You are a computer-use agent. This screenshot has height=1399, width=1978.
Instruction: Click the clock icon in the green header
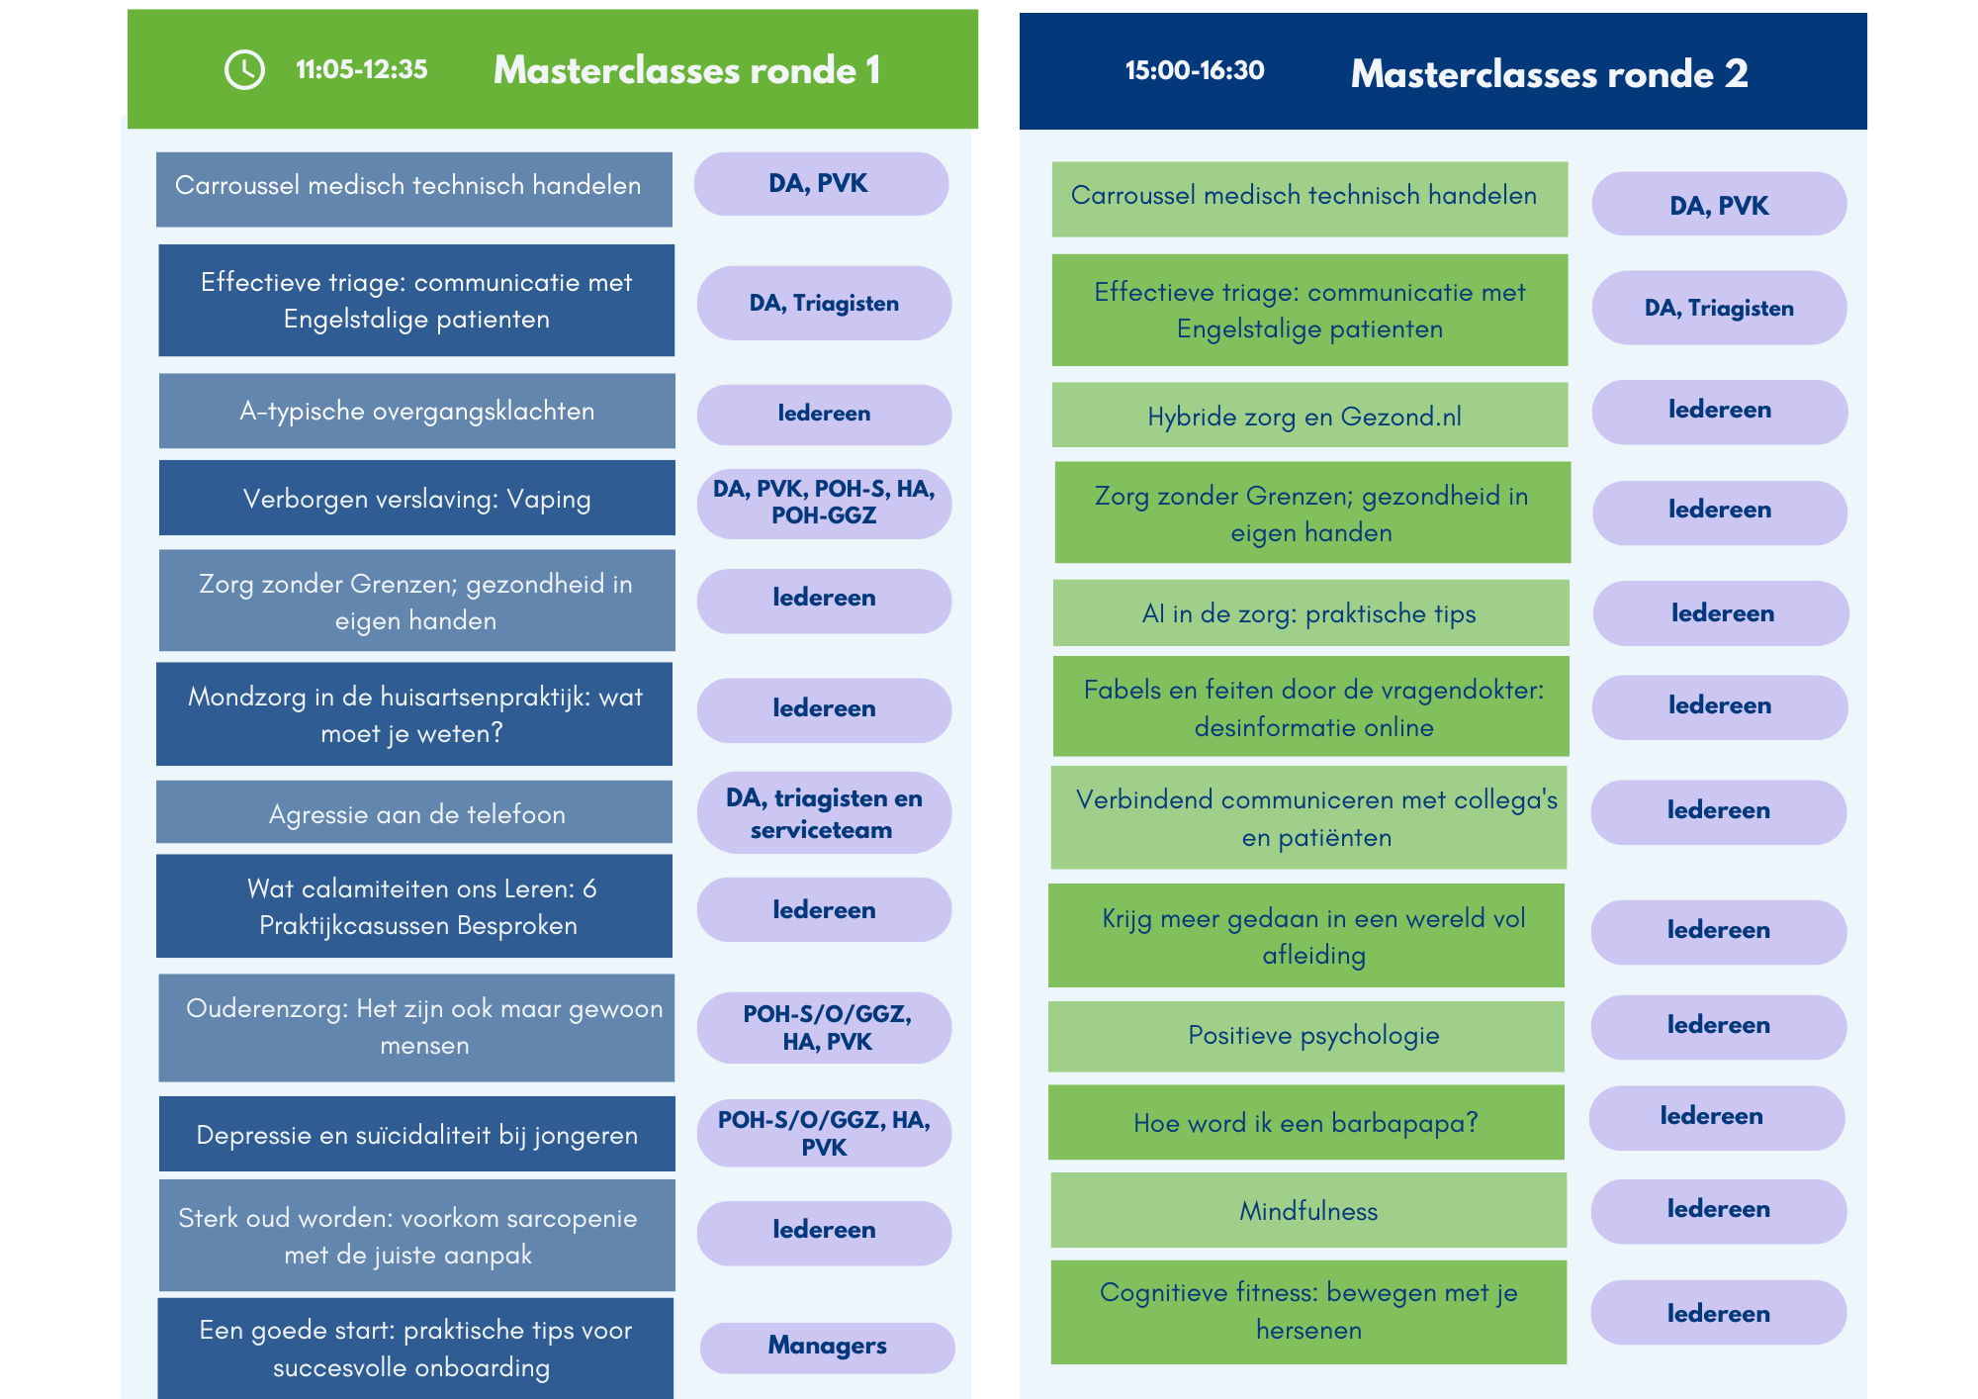pyautogui.click(x=244, y=69)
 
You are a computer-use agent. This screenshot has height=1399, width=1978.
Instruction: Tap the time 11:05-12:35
pyautogui.click(x=361, y=69)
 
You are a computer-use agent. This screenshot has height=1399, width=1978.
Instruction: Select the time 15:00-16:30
pyautogui.click(x=1195, y=70)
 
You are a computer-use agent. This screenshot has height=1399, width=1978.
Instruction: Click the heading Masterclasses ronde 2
pyautogui.click(x=1549, y=73)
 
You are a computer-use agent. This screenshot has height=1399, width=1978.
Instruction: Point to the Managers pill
pyautogui.click(x=827, y=1347)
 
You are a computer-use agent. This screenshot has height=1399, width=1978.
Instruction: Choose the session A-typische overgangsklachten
pyautogui.click(x=416, y=411)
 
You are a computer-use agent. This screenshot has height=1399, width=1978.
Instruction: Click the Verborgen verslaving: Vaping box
pyautogui.click(x=416, y=498)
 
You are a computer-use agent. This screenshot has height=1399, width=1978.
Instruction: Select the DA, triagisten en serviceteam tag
pyautogui.click(x=824, y=813)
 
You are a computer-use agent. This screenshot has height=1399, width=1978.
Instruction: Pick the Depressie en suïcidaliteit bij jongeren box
pyautogui.click(x=416, y=1134)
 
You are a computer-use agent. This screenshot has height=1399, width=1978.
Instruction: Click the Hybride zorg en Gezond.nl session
pyautogui.click(x=1309, y=415)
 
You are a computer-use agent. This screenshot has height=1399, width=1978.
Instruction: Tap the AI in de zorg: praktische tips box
pyautogui.click(x=1310, y=612)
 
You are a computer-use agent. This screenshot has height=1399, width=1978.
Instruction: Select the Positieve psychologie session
pyautogui.click(x=1306, y=1036)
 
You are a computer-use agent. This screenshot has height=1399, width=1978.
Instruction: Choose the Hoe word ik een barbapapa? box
pyautogui.click(x=1306, y=1122)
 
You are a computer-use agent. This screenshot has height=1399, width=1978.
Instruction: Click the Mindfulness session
pyautogui.click(x=1308, y=1210)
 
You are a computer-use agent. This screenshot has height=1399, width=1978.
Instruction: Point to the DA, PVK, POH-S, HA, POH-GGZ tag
pyautogui.click(x=824, y=503)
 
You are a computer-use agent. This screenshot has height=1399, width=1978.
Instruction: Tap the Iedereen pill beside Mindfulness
pyautogui.click(x=1718, y=1211)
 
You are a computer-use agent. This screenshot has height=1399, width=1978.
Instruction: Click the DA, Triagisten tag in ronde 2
pyautogui.click(x=1719, y=308)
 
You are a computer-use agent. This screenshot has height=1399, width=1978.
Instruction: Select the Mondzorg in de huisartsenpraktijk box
pyautogui.click(x=414, y=713)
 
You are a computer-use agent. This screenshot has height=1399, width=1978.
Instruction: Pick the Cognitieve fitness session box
pyautogui.click(x=1308, y=1312)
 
